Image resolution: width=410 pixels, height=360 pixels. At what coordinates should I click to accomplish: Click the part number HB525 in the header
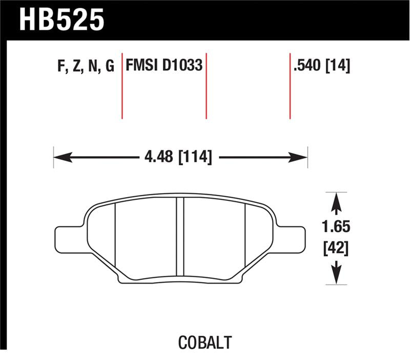click(61, 20)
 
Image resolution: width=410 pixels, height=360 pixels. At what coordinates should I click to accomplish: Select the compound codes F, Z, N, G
click(86, 66)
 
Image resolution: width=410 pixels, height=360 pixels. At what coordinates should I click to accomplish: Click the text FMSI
click(142, 65)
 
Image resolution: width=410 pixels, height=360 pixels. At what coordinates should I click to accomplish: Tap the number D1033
click(182, 65)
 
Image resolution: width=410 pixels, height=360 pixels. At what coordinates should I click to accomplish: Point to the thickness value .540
click(307, 65)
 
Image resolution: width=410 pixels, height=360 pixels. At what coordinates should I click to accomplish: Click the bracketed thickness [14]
click(338, 66)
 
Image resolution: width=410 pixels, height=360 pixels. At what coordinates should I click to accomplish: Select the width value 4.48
click(159, 157)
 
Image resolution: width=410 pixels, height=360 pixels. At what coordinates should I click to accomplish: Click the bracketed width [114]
click(195, 157)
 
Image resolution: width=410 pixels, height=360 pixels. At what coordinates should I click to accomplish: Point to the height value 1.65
click(336, 227)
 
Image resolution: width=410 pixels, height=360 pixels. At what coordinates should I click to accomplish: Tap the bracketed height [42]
click(336, 248)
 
